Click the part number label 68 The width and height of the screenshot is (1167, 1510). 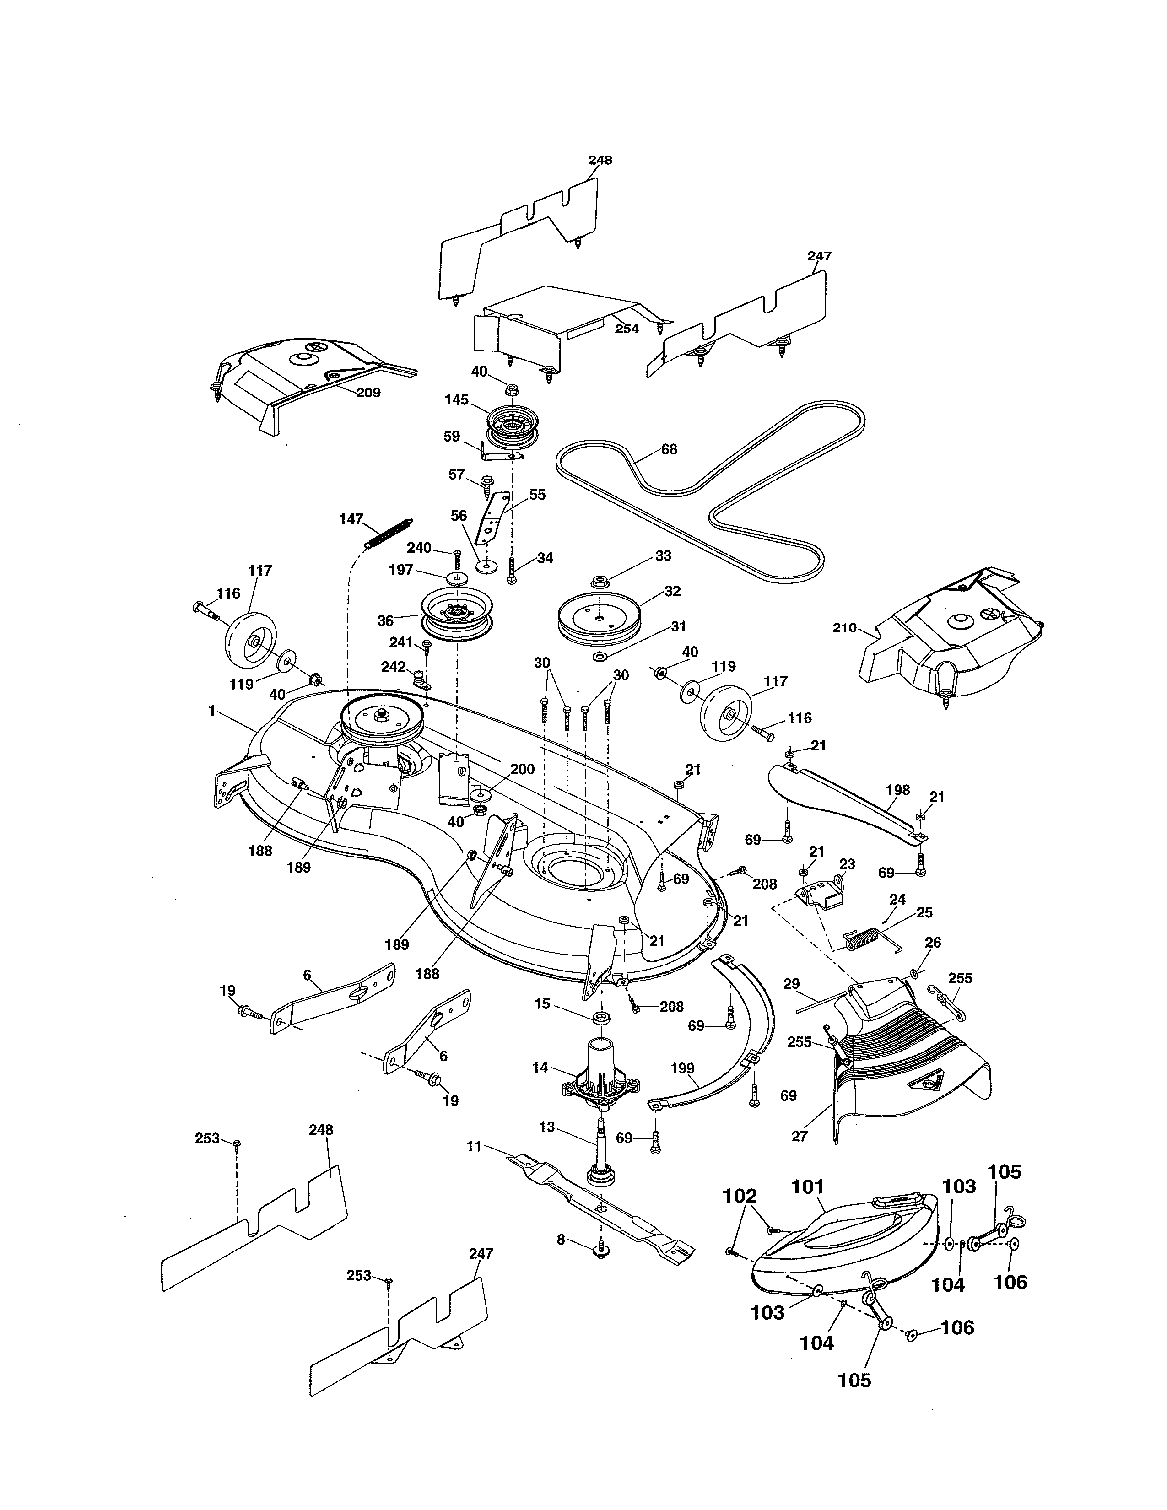click(x=669, y=449)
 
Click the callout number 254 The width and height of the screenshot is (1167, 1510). click(x=627, y=329)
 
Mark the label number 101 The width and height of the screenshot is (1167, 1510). click(x=807, y=1186)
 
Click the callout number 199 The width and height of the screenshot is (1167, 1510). click(x=682, y=1068)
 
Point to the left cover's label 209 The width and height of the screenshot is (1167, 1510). click(x=368, y=393)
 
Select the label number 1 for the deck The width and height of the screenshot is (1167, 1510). click(x=211, y=710)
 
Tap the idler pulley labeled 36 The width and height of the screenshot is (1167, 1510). click(x=458, y=613)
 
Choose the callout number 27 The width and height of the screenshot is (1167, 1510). click(x=799, y=1136)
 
